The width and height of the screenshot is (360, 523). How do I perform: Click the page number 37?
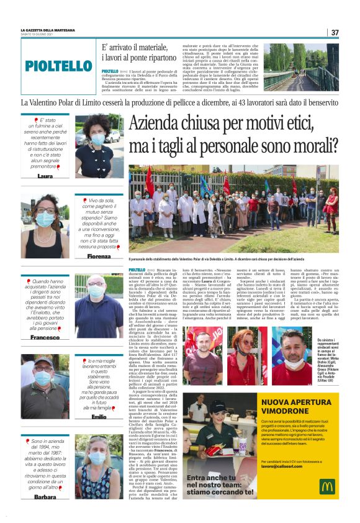[x=335, y=32]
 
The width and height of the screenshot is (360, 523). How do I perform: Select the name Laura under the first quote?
[x=45, y=176]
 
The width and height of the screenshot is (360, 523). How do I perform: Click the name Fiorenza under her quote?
[x=99, y=256]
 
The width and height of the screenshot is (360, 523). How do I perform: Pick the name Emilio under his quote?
[x=99, y=416]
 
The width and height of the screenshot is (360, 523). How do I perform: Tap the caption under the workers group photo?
[x=233, y=258]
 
